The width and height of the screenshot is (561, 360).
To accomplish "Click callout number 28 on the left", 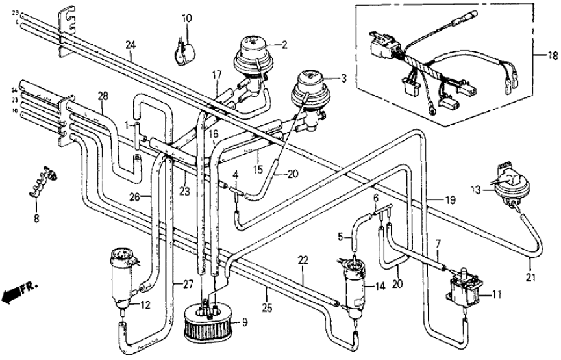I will coord(103,96).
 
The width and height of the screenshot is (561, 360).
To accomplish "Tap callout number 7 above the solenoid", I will coord(438,243).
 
